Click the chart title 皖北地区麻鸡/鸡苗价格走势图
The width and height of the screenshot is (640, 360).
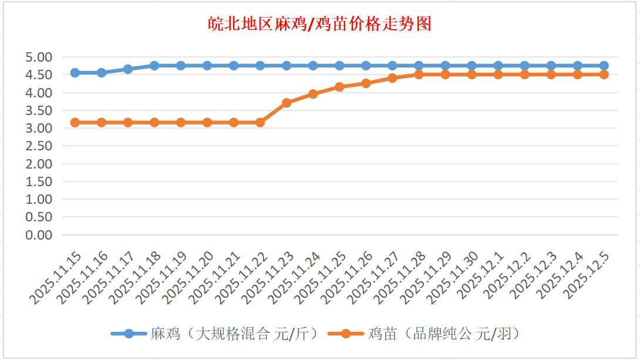[320, 24]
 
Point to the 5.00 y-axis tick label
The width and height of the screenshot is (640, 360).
[39, 57]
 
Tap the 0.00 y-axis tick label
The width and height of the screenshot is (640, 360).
[39, 235]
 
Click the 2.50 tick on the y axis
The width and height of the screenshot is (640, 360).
[39, 146]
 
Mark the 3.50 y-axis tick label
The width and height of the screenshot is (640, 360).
[39, 110]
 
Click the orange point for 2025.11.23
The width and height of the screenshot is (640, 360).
[287, 103]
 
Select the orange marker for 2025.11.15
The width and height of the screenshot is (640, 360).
[75, 122]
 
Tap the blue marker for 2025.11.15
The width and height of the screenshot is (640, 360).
[75, 73]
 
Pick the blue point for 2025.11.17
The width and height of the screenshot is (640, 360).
[128, 69]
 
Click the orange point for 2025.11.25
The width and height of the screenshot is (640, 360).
[339, 87]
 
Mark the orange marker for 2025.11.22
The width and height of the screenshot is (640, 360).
[260, 122]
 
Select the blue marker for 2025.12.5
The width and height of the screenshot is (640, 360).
[604, 66]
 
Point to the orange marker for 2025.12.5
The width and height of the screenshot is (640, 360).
[604, 75]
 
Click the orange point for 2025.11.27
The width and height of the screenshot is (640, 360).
[392, 78]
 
